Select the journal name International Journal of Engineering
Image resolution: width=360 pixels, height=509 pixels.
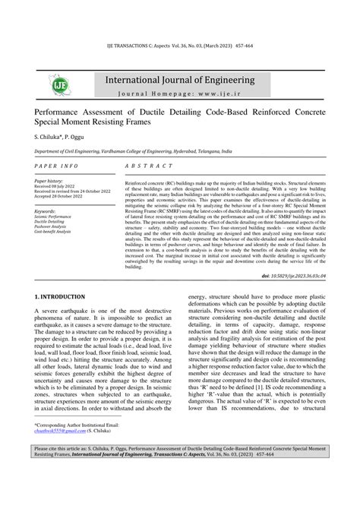coord(179,80)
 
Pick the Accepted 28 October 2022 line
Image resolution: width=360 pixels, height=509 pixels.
coord(63,197)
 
